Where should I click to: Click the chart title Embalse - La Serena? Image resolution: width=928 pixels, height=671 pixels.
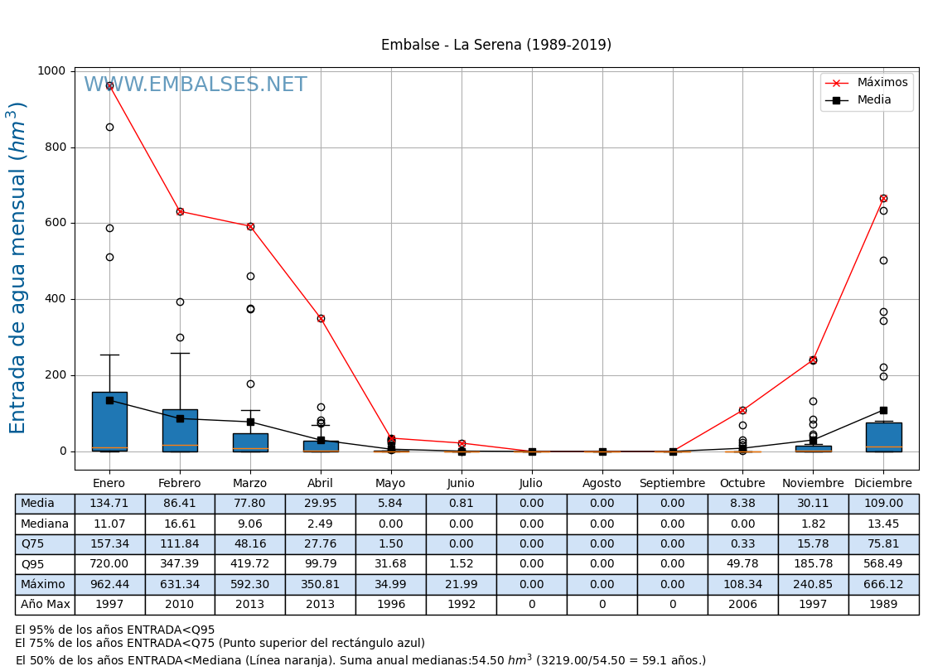[495, 45]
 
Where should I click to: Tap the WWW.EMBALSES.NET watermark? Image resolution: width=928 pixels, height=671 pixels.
[196, 85]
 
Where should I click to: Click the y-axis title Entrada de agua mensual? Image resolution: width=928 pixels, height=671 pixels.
[18, 268]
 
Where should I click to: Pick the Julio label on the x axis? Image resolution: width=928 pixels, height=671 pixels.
[531, 483]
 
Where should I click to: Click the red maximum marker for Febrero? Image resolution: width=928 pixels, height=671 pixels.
[180, 211]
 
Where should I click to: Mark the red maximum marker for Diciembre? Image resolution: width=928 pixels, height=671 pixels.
[883, 198]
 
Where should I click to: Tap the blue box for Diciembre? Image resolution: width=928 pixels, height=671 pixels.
[883, 437]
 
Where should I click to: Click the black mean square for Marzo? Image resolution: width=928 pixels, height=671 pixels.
[250, 422]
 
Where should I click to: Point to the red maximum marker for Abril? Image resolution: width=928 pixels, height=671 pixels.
[321, 318]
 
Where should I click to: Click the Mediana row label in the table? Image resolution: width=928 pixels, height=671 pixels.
[45, 524]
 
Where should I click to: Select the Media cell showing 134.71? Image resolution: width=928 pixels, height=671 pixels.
[109, 504]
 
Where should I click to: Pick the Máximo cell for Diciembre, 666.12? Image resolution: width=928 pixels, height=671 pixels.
[883, 584]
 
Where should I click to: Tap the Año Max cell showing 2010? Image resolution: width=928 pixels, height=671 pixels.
[180, 605]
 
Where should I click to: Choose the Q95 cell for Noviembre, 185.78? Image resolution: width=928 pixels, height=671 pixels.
[813, 564]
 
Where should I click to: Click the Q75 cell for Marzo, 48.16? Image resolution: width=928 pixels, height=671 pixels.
[250, 544]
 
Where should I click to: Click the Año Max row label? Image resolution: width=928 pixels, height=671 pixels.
[45, 605]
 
